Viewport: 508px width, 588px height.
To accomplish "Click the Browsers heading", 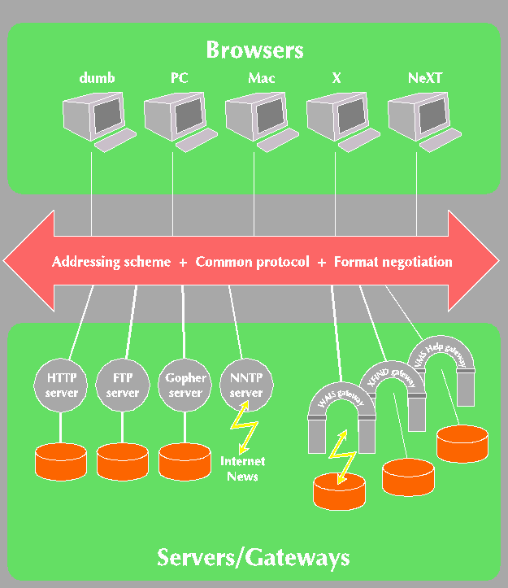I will (254, 50).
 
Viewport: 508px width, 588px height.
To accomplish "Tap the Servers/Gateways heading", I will (254, 557).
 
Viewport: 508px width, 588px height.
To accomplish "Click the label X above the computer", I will (336, 78).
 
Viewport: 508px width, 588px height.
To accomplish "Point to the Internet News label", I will (243, 468).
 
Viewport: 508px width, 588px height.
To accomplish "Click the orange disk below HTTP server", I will (62, 461).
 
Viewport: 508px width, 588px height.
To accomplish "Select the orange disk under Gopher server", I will (185, 461).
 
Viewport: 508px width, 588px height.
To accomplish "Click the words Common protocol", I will (253, 262).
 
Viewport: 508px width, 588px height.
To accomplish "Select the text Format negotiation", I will (393, 262).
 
